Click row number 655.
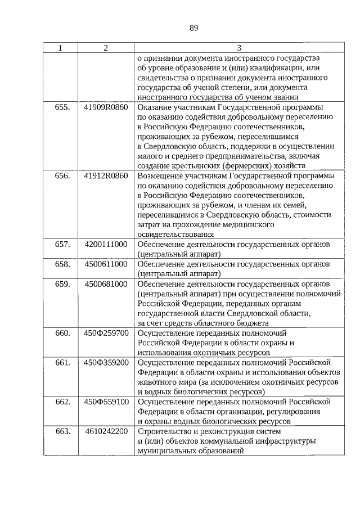click(62, 107)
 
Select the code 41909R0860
click(106, 107)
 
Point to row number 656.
click(62, 176)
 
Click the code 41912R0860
click(106, 176)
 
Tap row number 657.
click(62, 245)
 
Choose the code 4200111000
click(106, 245)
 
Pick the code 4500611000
click(106, 264)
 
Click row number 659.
click(62, 284)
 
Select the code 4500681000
click(106, 284)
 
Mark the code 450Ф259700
click(106, 333)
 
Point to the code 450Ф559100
click(106, 402)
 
